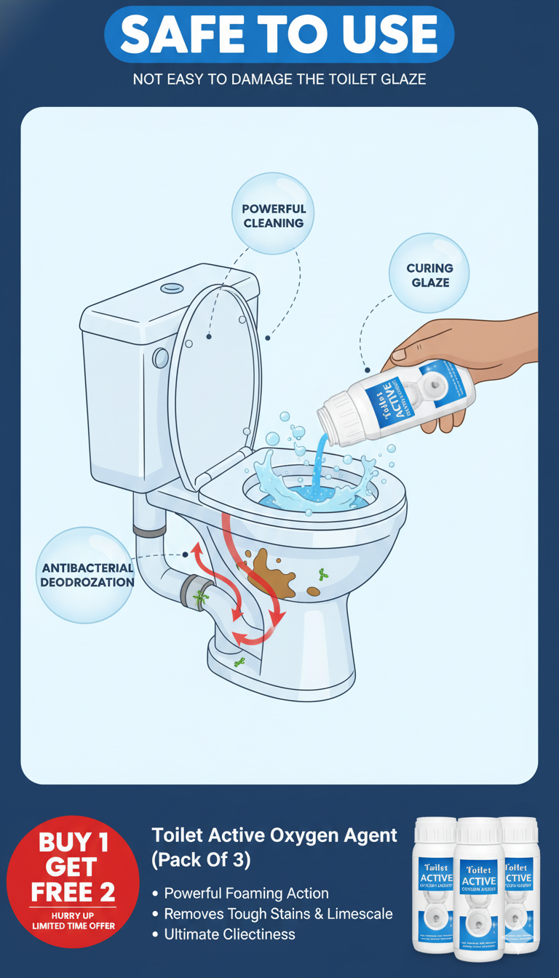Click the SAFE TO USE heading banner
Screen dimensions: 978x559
pyautogui.click(x=279, y=34)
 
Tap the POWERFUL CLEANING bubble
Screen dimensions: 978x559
pyautogui.click(x=274, y=215)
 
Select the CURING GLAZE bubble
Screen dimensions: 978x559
pyautogui.click(x=429, y=275)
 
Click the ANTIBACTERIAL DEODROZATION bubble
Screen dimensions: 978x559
pyautogui.click(x=86, y=575)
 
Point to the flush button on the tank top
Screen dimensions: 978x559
pyautogui.click(x=173, y=287)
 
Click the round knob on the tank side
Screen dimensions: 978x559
pyautogui.click(x=160, y=357)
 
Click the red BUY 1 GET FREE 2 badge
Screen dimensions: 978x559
pyautogui.click(x=73, y=880)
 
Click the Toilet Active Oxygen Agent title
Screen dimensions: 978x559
pyautogui.click(x=274, y=847)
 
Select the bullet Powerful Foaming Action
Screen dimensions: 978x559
pyautogui.click(x=246, y=893)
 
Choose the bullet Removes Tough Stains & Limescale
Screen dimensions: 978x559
pyautogui.click(x=277, y=913)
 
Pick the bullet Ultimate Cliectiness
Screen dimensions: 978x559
pyautogui.click(x=229, y=934)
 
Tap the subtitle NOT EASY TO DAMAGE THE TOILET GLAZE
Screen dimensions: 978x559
pyautogui.click(x=279, y=79)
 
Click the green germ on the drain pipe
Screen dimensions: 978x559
pyautogui.click(x=200, y=598)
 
